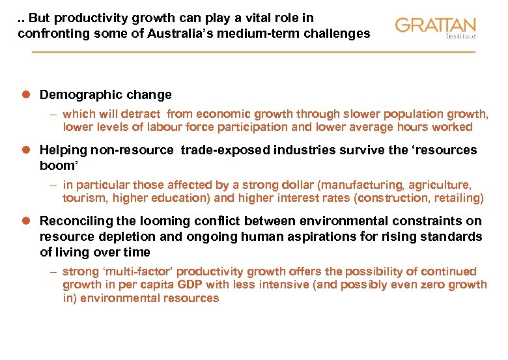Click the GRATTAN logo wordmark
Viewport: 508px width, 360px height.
(x=434, y=25)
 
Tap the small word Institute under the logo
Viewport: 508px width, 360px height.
(x=460, y=36)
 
